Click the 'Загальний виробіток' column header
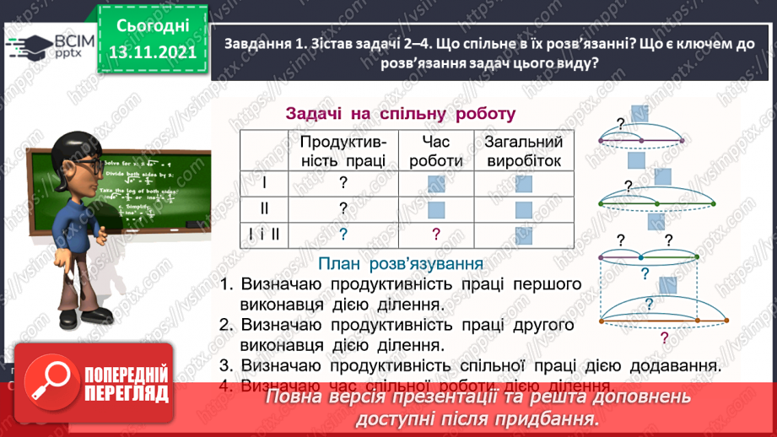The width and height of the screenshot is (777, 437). [523, 151]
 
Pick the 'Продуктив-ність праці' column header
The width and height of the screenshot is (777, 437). [343, 151]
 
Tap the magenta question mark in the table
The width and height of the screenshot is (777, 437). [436, 235]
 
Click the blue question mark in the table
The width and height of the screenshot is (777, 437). [343, 235]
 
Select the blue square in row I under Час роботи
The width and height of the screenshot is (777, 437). [436, 183]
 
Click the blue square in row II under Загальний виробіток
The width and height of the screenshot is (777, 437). [524, 209]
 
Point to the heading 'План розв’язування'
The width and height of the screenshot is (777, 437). [401, 264]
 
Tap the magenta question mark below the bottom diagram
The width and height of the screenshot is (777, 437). [665, 339]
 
